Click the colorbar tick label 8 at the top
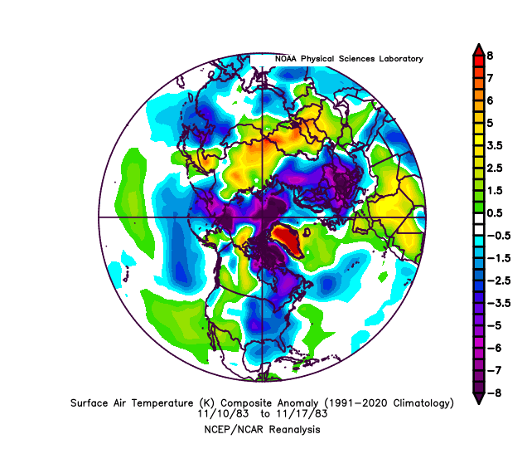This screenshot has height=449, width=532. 491,56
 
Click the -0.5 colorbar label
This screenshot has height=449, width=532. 494,235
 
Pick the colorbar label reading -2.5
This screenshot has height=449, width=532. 494,280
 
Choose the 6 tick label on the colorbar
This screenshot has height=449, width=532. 491,100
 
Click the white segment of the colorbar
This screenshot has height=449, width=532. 478,224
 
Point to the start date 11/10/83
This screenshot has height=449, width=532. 221,413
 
